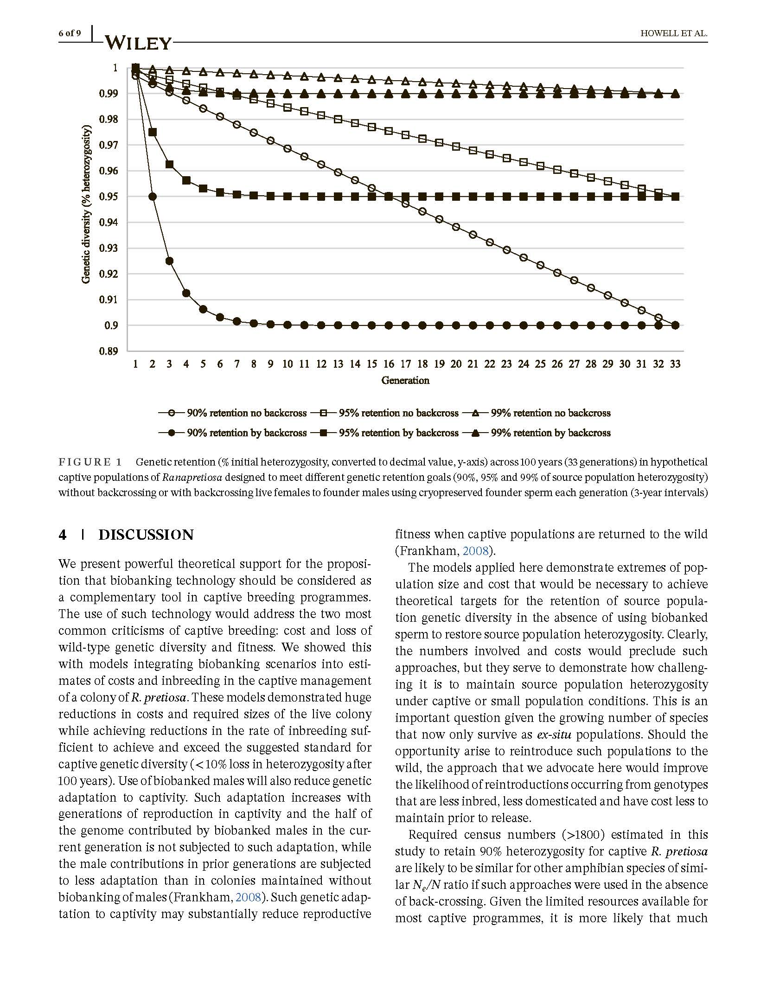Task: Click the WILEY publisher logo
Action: click(x=138, y=43)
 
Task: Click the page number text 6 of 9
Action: click(x=70, y=33)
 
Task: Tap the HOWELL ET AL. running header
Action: click(x=673, y=33)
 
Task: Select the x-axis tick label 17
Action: click(x=405, y=364)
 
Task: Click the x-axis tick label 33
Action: click(x=675, y=364)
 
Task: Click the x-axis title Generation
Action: click(x=405, y=381)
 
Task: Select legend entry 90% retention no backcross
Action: click(x=246, y=413)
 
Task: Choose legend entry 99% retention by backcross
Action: click(x=550, y=433)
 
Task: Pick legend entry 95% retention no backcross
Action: click(x=398, y=413)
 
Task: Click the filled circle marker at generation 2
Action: click(x=152, y=197)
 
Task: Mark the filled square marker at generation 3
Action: click(x=169, y=165)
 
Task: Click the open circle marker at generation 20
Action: click(x=456, y=227)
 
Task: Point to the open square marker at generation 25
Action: click(x=540, y=166)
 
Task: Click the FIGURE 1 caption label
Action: click(x=90, y=462)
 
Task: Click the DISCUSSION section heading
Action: click(x=146, y=535)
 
